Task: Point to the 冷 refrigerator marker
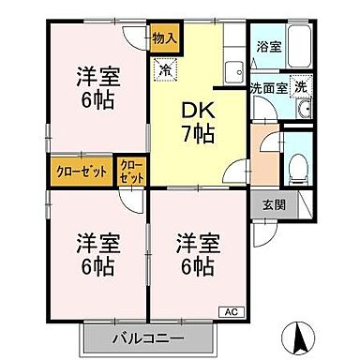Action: pyautogui.click(x=165, y=67)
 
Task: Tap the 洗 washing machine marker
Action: pyautogui.click(x=300, y=86)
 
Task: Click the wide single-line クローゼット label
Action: pyautogui.click(x=80, y=172)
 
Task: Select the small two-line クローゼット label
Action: pyautogui.click(x=131, y=172)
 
